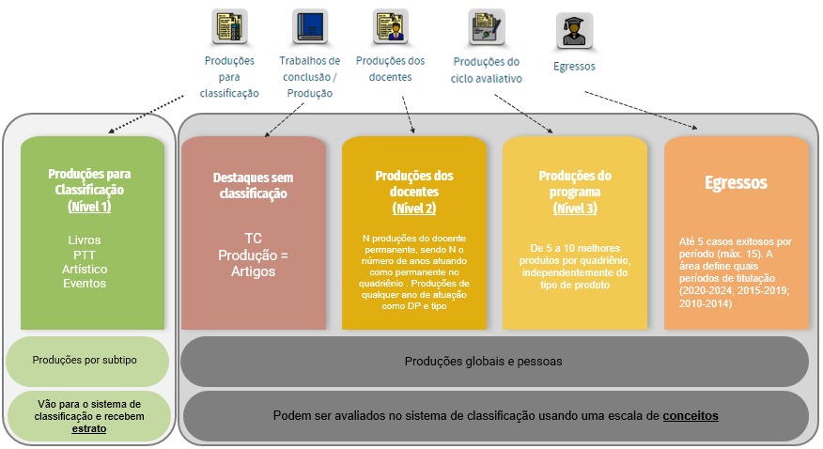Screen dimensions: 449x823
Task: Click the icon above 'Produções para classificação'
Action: click(229, 27)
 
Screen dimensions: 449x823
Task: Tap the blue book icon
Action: click(308, 27)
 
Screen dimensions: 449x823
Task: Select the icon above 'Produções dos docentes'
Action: click(390, 27)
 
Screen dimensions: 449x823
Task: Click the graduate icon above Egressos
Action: click(573, 32)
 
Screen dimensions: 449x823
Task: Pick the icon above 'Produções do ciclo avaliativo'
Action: click(486, 27)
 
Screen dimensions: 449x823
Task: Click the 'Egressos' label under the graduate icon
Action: click(574, 67)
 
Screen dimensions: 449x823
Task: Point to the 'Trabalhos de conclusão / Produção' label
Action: click(309, 76)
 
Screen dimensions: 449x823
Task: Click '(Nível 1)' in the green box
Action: click(89, 205)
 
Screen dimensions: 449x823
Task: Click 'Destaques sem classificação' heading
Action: click(254, 185)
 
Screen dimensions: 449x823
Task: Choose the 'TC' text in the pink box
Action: click(254, 238)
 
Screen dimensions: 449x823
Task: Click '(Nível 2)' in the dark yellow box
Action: click(414, 208)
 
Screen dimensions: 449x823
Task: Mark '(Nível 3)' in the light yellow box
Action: click(575, 208)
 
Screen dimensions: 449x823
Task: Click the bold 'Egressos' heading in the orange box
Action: click(736, 182)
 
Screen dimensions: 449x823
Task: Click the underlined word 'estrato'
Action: click(89, 427)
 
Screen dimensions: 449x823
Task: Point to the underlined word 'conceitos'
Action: click(691, 416)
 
